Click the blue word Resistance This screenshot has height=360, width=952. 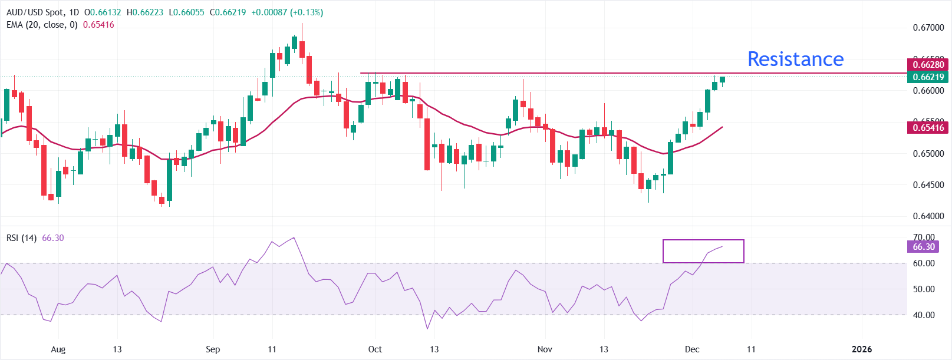click(795, 59)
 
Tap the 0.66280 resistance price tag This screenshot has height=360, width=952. click(928, 64)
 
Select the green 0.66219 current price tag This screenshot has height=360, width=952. click(928, 77)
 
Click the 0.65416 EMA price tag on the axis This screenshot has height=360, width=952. click(928, 127)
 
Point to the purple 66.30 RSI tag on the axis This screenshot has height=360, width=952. click(924, 247)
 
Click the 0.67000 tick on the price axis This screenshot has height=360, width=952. click(928, 28)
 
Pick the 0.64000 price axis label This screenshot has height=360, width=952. click(928, 216)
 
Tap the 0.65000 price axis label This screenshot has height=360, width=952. click(928, 154)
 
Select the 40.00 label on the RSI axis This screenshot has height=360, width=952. click(924, 315)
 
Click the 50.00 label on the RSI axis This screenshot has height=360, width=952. click(924, 289)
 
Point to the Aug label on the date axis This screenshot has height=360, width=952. click(58, 349)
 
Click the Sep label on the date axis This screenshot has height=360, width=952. click(213, 349)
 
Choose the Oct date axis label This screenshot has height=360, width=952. click(375, 349)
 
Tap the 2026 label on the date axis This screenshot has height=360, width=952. click(862, 349)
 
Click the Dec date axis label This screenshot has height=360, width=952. click(692, 349)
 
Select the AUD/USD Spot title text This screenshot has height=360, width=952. click(35, 12)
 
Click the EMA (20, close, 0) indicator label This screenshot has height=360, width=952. click(42, 25)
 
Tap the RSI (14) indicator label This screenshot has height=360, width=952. click(21, 238)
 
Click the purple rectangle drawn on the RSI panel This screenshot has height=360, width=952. click(703, 240)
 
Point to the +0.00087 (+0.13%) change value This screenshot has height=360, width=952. click(287, 12)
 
